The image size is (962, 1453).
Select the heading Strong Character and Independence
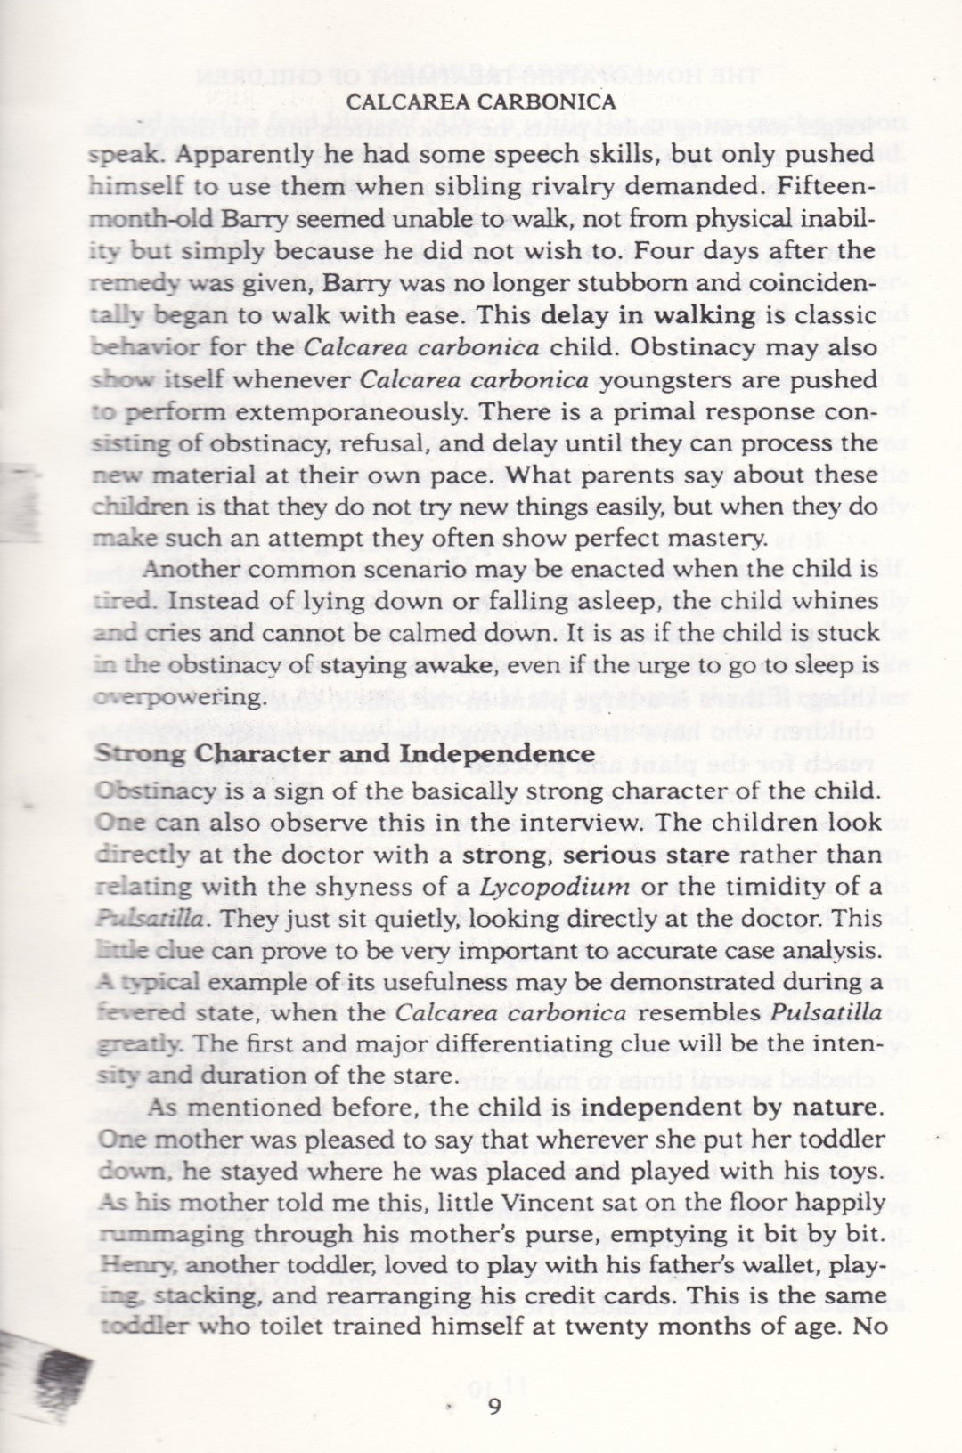point(344,752)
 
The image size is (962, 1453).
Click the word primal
point(632,411)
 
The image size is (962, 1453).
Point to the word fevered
point(137,1014)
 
